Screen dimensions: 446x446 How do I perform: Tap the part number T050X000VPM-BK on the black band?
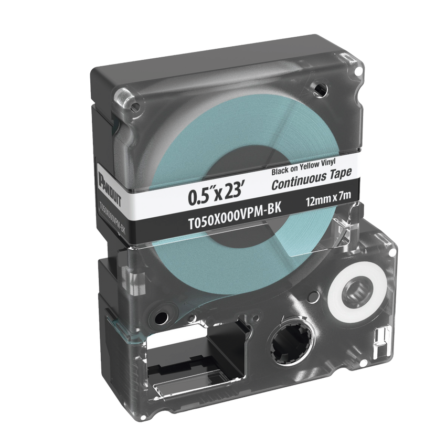(x=235, y=214)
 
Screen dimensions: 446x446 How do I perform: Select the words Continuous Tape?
(x=312, y=179)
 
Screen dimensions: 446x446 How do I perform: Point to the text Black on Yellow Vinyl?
(x=303, y=167)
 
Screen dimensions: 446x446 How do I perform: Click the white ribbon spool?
(x=357, y=291)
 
